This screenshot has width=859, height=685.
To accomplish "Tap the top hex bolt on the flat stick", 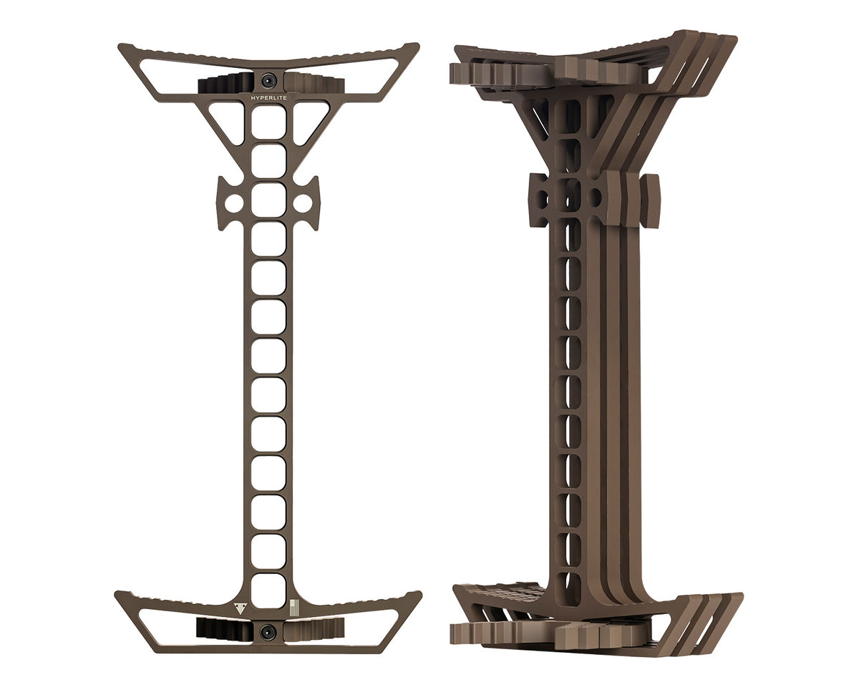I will point(268,79).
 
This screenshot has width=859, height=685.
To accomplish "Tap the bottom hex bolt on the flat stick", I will point(268,631).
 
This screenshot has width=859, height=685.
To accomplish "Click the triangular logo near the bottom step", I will point(240,608).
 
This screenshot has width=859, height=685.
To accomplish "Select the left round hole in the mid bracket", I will point(232,203).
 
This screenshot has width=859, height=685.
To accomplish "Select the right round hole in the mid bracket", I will point(303,203).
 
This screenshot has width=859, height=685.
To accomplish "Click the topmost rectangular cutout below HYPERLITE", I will point(268,122).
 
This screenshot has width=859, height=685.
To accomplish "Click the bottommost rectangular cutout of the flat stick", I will point(268,591).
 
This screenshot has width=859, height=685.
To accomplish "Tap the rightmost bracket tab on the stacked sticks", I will point(650,201).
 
